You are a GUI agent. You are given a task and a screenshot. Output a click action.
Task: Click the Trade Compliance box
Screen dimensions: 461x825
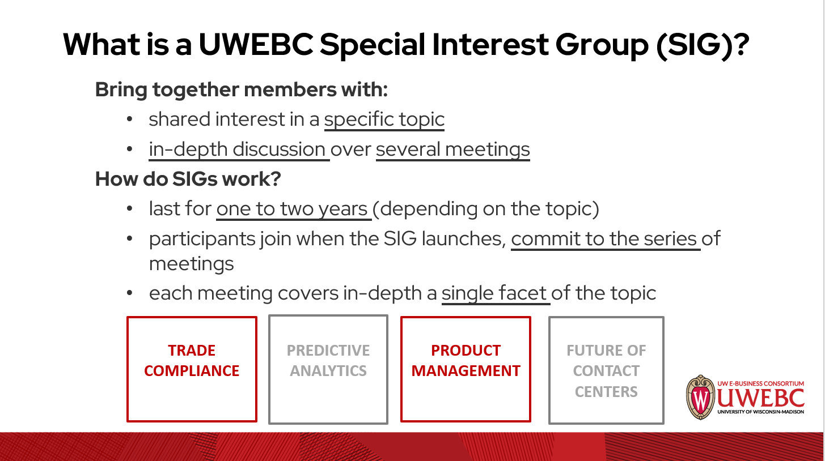tap(192, 369)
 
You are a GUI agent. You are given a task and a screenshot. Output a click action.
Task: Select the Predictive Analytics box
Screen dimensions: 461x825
tap(328, 369)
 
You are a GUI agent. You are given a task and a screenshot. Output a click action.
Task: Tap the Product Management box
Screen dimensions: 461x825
tap(466, 369)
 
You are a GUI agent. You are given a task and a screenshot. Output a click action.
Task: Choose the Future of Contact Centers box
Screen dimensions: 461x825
tap(606, 370)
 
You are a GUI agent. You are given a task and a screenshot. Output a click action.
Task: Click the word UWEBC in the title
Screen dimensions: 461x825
tap(256, 44)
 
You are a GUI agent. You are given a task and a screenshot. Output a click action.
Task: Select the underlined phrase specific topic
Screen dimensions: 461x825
tap(384, 119)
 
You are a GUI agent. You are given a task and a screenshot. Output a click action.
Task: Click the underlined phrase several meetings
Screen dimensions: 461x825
tap(452, 150)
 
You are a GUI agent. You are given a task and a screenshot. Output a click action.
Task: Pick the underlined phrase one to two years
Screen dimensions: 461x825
tap(293, 209)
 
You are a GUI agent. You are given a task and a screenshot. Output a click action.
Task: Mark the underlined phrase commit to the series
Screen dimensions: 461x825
tap(604, 238)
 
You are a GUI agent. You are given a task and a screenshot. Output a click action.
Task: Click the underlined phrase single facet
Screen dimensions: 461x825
tap(494, 293)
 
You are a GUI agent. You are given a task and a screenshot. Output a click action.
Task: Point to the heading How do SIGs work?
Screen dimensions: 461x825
tap(188, 179)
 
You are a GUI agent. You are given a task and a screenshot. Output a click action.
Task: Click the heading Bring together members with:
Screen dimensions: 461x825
tap(241, 89)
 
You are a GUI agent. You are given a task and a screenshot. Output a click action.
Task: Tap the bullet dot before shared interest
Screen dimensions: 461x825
tap(130, 120)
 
